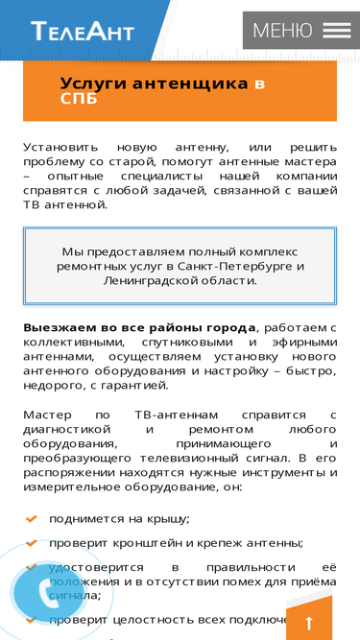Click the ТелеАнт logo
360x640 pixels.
point(83,32)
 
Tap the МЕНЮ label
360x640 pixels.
point(282,31)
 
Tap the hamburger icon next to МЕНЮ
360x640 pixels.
point(336,31)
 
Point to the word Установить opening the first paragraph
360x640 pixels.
point(61,147)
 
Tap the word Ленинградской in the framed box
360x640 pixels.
point(150,281)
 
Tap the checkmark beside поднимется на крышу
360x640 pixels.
point(31,519)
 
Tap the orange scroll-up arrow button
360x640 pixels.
point(308,622)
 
